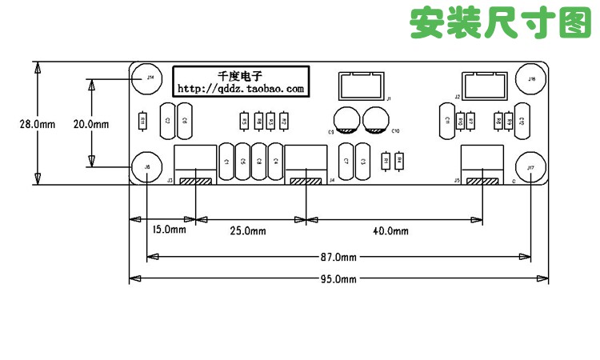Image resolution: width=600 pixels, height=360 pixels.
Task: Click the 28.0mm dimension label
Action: coord(38,124)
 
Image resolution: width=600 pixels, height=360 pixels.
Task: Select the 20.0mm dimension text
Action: coord(90,124)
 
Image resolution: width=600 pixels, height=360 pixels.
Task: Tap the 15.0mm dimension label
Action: coord(168,230)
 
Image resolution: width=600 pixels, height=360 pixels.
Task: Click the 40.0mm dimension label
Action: coord(391,231)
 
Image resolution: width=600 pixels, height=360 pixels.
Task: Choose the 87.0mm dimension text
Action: coord(338,257)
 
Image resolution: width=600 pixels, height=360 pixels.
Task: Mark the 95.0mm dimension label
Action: coord(338,278)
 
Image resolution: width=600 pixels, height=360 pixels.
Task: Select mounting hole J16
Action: coord(530,78)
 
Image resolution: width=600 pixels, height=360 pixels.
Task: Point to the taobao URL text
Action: coord(240,89)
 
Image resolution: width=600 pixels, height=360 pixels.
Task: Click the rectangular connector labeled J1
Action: coord(358,86)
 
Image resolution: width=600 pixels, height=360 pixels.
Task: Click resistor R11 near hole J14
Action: coord(143,121)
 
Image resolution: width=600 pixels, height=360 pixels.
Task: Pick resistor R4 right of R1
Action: coord(400,161)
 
